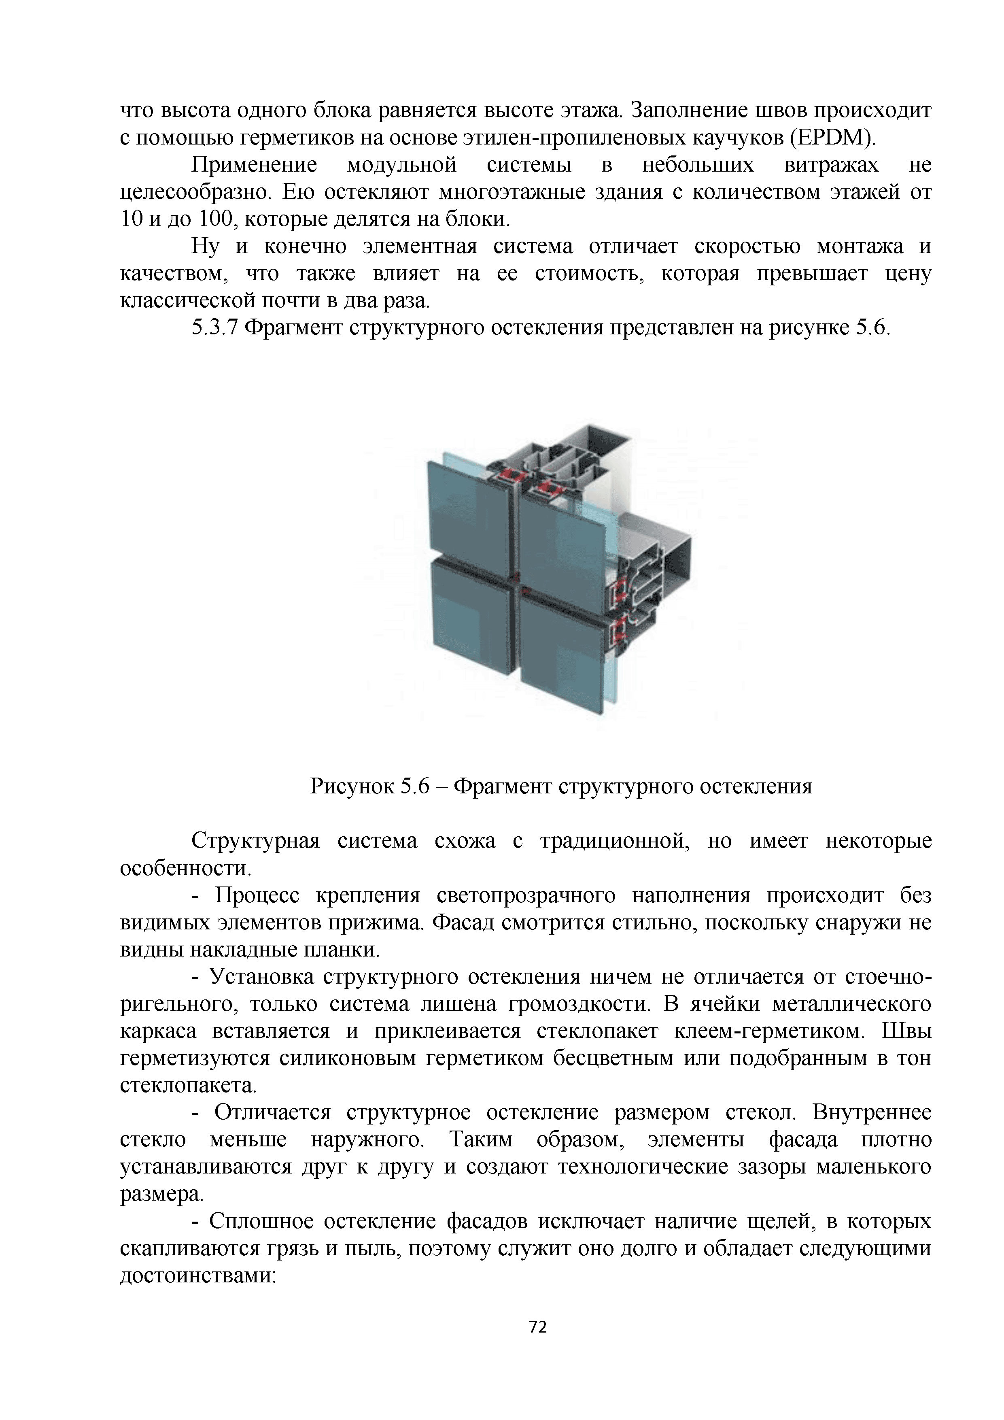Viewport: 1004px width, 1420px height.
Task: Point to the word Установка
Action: pos(263,977)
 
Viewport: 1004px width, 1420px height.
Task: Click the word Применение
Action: pos(254,165)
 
